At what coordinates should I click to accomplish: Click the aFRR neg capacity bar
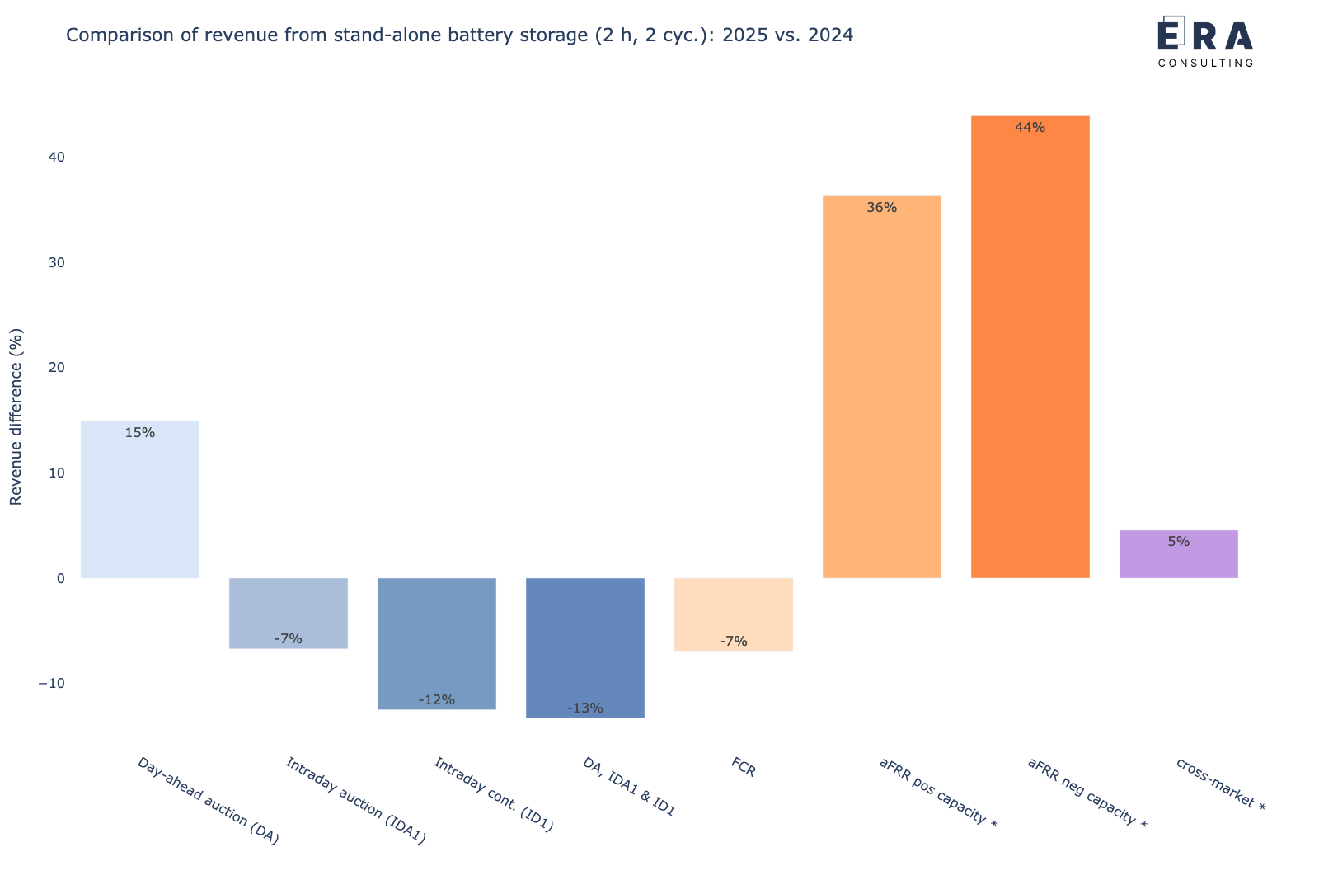click(1030, 346)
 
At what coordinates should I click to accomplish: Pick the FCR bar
click(734, 614)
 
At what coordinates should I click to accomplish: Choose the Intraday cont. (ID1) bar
click(437, 643)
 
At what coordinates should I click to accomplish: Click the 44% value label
click(1030, 128)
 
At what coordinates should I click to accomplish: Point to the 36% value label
click(881, 208)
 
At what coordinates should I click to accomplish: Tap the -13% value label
click(585, 708)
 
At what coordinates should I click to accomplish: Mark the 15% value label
click(140, 433)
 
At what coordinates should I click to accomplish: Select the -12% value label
click(437, 700)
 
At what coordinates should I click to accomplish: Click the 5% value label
click(1179, 542)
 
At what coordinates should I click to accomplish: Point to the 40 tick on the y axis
click(56, 158)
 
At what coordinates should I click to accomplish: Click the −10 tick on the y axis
click(51, 684)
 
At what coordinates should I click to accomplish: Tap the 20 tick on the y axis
click(56, 368)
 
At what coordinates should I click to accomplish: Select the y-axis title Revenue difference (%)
click(16, 416)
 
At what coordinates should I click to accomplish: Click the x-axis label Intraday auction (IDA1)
click(355, 801)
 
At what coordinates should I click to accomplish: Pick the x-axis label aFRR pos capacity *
click(938, 793)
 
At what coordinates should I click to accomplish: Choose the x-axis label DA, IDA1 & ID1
click(629, 788)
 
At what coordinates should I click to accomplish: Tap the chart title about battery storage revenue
click(459, 35)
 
